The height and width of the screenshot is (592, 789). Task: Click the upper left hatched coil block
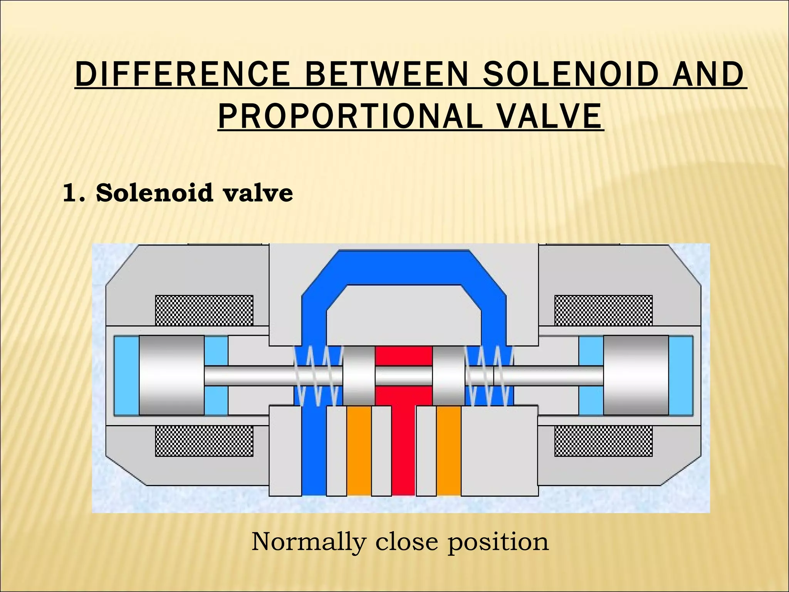coord(204,310)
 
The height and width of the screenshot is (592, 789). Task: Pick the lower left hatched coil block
coord(204,441)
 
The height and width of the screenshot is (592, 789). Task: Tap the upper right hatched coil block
coord(603,310)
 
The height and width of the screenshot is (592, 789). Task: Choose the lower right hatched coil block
coord(603,441)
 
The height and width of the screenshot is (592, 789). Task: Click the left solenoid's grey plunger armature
coord(171,375)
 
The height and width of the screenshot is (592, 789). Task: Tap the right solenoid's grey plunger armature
coord(636,375)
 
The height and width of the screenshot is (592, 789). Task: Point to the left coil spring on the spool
coord(317,376)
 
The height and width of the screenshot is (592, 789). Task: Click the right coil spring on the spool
coord(489,376)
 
